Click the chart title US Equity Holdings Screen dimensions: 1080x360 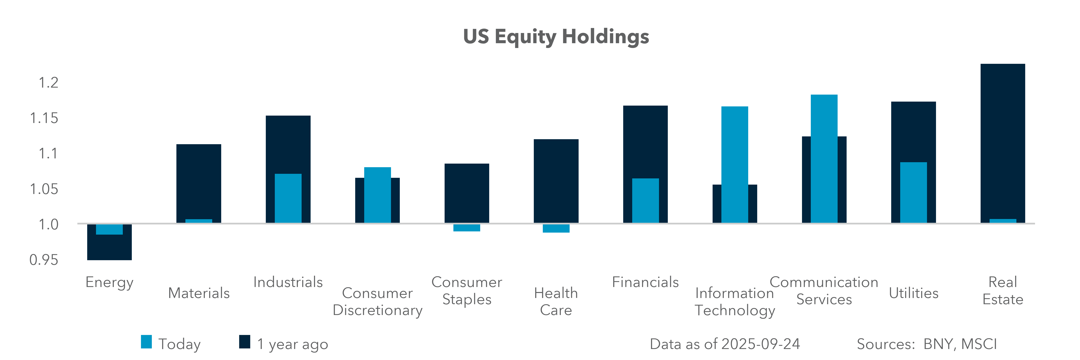[556, 37]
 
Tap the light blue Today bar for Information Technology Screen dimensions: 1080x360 [735, 164]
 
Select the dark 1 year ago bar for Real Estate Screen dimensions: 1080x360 [1002, 143]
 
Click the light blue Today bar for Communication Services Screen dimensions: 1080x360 [824, 158]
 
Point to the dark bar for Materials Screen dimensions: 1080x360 [199, 183]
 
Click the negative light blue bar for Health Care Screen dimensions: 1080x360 [556, 228]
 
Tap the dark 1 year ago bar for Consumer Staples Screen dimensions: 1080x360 [467, 193]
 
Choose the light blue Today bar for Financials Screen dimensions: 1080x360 [645, 200]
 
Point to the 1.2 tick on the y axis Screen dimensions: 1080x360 [48, 83]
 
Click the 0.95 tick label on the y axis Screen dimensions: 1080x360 [44, 260]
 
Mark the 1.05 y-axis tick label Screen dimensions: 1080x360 [44, 189]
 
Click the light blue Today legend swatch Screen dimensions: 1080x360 [146, 342]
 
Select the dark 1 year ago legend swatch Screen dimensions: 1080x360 [244, 342]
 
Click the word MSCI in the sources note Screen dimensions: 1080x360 [979, 344]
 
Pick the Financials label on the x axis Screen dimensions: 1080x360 [645, 282]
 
